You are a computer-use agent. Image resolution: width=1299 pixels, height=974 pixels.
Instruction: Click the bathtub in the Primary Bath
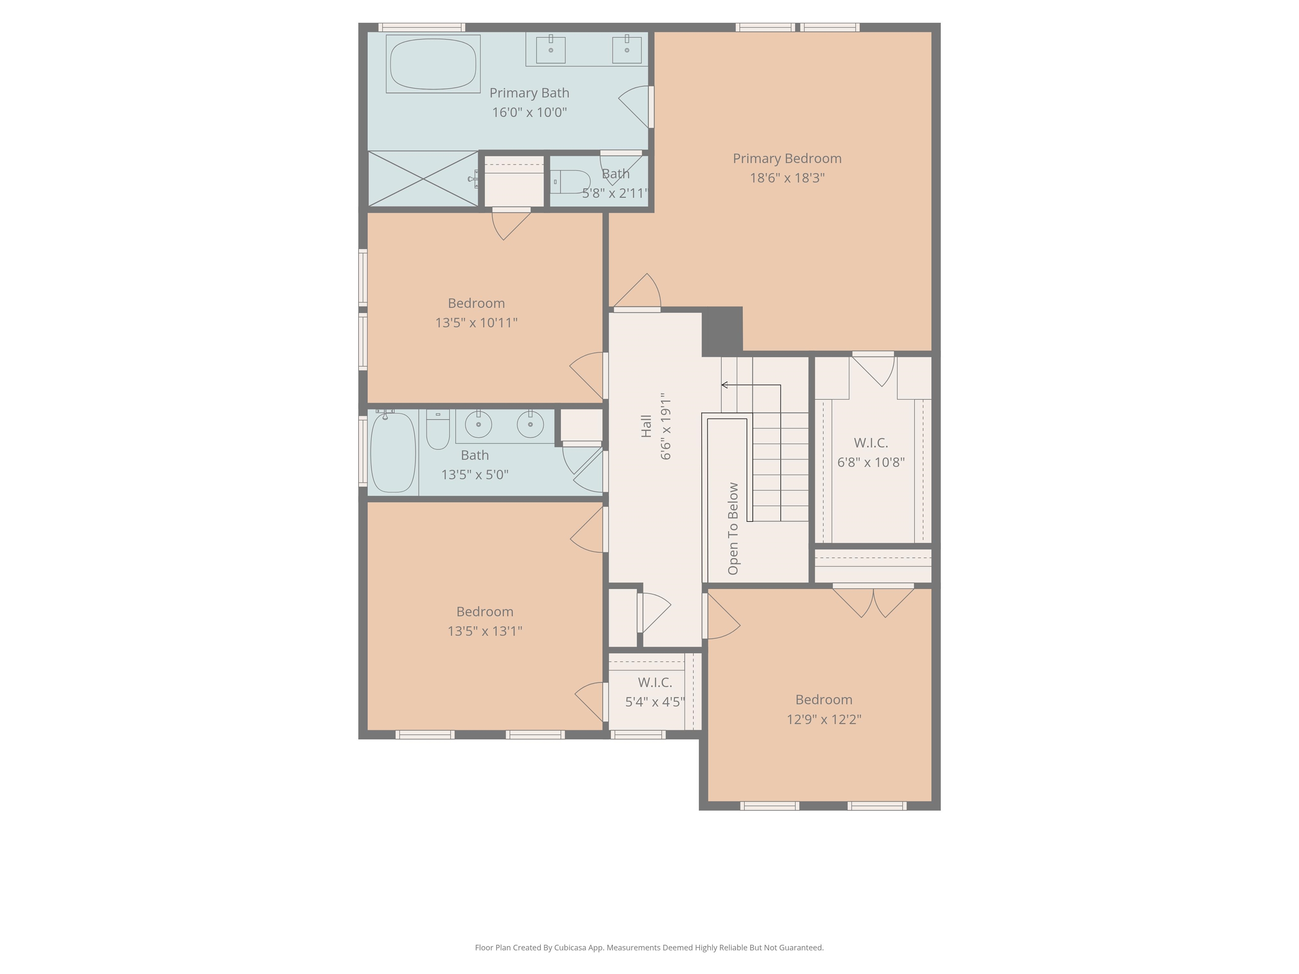[x=433, y=64]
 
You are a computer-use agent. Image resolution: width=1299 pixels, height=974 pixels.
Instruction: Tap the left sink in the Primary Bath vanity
[x=551, y=50]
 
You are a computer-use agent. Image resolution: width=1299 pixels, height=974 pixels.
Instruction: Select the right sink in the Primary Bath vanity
[x=627, y=50]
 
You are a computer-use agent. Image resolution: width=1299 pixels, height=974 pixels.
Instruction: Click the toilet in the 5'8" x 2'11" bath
[x=571, y=182]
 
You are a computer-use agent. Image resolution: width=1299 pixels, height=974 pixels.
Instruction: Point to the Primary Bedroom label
[x=787, y=159]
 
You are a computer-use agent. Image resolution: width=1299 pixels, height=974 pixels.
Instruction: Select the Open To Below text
[x=733, y=528]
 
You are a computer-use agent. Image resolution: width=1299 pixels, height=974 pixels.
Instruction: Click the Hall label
[x=646, y=426]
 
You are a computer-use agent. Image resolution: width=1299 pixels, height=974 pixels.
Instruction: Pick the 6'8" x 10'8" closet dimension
[x=870, y=462]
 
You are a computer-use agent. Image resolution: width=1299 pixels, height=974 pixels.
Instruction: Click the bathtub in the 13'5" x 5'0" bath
[x=393, y=452]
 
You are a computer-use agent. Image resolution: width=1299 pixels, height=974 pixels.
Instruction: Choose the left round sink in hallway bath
[x=479, y=424]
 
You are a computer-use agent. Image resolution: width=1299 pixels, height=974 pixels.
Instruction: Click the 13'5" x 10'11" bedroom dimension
[x=476, y=322]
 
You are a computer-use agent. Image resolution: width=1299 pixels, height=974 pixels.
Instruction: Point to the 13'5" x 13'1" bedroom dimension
[x=485, y=631]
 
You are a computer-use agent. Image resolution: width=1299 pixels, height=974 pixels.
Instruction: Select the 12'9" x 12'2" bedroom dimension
[x=824, y=719]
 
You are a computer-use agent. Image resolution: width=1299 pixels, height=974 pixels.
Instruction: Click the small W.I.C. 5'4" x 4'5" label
[x=655, y=683]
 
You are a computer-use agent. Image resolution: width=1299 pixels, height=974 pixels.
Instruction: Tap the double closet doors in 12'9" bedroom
[x=873, y=602]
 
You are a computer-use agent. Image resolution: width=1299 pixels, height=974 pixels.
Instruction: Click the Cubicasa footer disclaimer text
[x=649, y=947]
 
